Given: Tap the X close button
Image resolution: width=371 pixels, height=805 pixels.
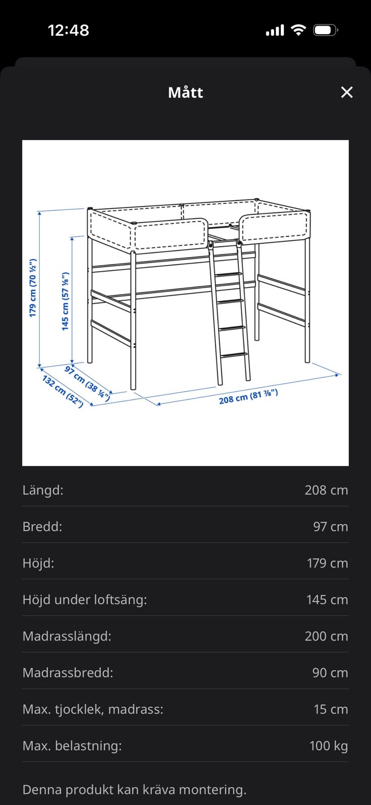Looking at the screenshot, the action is (346, 93).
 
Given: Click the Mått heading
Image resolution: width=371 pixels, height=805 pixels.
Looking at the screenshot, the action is (185, 93).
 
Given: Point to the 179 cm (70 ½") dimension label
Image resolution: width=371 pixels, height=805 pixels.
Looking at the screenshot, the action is (33, 288).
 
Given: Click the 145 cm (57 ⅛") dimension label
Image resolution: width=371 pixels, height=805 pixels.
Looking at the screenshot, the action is (65, 301).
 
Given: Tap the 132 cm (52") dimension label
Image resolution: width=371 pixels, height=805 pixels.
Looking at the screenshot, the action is (63, 391).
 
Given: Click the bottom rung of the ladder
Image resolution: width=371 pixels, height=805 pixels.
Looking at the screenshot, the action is (234, 355).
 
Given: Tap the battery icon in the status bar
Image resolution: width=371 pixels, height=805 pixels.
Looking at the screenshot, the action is (325, 30).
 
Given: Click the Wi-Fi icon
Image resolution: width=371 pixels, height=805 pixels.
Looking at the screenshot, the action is (298, 30).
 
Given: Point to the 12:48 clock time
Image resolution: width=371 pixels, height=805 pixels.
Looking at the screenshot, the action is (69, 30).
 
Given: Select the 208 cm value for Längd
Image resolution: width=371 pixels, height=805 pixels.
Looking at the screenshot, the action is (326, 490).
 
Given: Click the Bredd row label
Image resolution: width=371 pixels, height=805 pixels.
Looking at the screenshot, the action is (42, 526).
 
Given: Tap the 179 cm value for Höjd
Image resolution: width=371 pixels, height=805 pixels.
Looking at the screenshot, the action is (328, 563).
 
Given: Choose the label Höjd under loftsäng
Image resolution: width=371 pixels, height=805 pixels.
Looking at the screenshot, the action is (85, 600).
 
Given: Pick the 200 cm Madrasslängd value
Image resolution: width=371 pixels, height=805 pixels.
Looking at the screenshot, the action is (326, 636).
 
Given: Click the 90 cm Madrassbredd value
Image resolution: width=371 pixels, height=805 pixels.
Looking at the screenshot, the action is (330, 673).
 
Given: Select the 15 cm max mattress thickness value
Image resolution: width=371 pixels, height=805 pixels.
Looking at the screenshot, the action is (331, 709).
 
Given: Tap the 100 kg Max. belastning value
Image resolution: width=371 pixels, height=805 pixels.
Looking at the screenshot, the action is (329, 746).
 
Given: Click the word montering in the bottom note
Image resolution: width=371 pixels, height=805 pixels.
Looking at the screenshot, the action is (213, 790).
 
